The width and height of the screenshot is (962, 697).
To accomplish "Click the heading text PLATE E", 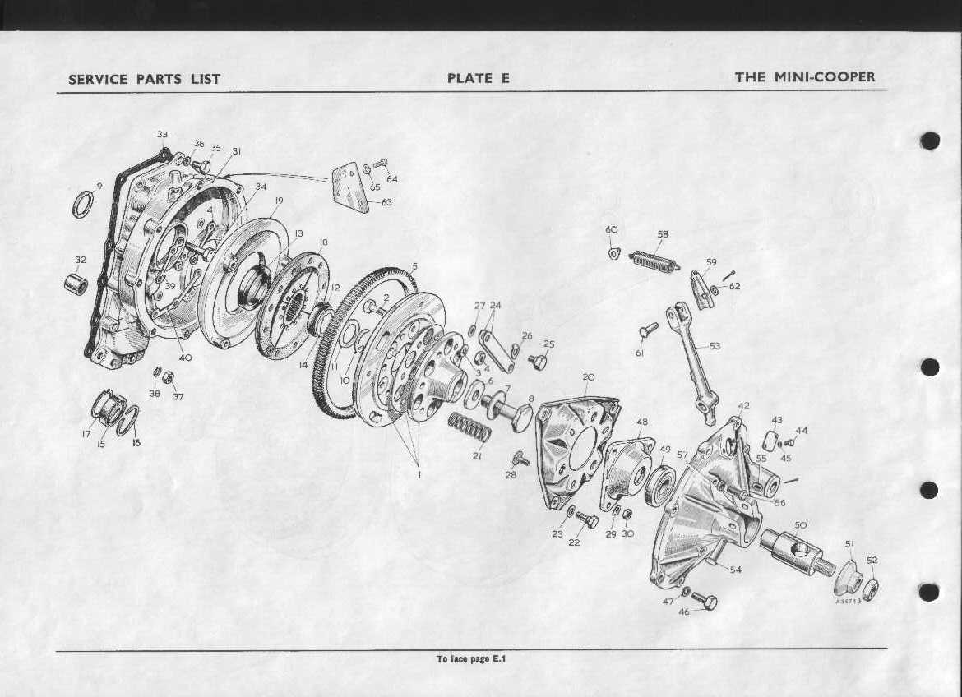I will point(479,78).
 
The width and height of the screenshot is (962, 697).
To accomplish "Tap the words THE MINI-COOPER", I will point(805,77).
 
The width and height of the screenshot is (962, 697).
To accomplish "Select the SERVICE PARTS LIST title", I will point(144,79).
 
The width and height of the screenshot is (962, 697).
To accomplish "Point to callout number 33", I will point(162,134).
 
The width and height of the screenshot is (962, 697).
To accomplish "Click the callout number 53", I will point(715,346).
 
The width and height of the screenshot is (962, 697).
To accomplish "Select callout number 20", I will point(588,376).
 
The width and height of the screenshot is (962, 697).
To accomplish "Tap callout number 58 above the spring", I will point(663,234).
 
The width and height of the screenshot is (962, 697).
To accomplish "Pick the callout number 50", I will point(800,525).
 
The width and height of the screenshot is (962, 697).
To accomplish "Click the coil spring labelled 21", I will point(469,427).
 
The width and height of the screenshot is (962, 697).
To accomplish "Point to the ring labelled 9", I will point(83,204).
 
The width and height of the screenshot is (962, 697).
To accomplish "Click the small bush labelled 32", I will point(76,285).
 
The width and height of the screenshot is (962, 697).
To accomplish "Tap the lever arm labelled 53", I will point(691,358).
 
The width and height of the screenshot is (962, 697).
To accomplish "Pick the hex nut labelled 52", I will point(871,589).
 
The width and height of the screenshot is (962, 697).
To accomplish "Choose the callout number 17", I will point(86,434).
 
